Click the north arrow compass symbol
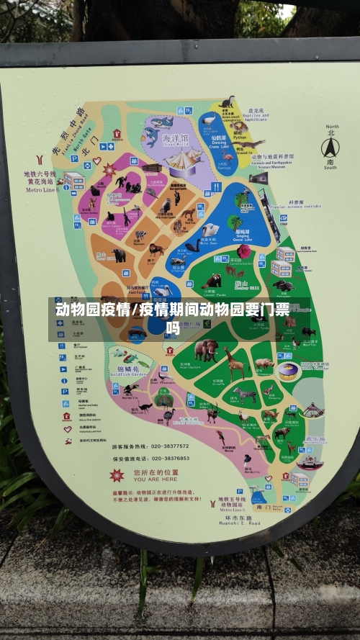[329, 148]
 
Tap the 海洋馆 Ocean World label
[175, 140]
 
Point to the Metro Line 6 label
[42, 190]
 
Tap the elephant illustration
[206, 351]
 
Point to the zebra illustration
[245, 395]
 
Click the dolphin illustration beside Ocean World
[153, 135]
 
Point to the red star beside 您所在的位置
[117, 476]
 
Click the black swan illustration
[193, 246]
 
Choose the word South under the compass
[329, 167]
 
